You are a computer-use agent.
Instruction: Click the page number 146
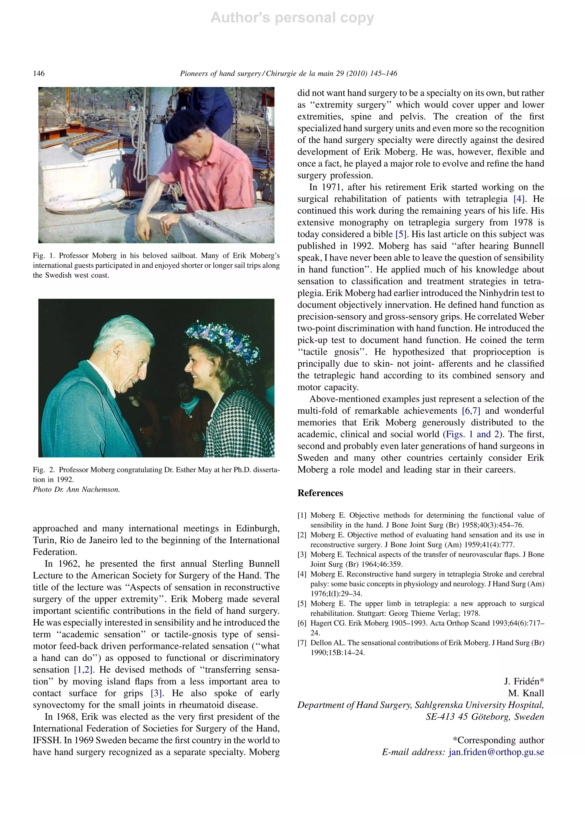(39, 73)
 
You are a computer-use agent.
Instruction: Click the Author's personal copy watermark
(292, 18)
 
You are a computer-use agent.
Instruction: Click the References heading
(320, 493)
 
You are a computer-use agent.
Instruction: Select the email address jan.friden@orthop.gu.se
(496, 752)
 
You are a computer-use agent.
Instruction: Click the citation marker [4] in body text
(519, 199)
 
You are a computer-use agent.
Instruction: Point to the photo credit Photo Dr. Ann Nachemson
(76, 489)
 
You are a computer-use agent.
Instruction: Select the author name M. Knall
(526, 693)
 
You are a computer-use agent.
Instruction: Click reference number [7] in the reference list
(302, 643)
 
